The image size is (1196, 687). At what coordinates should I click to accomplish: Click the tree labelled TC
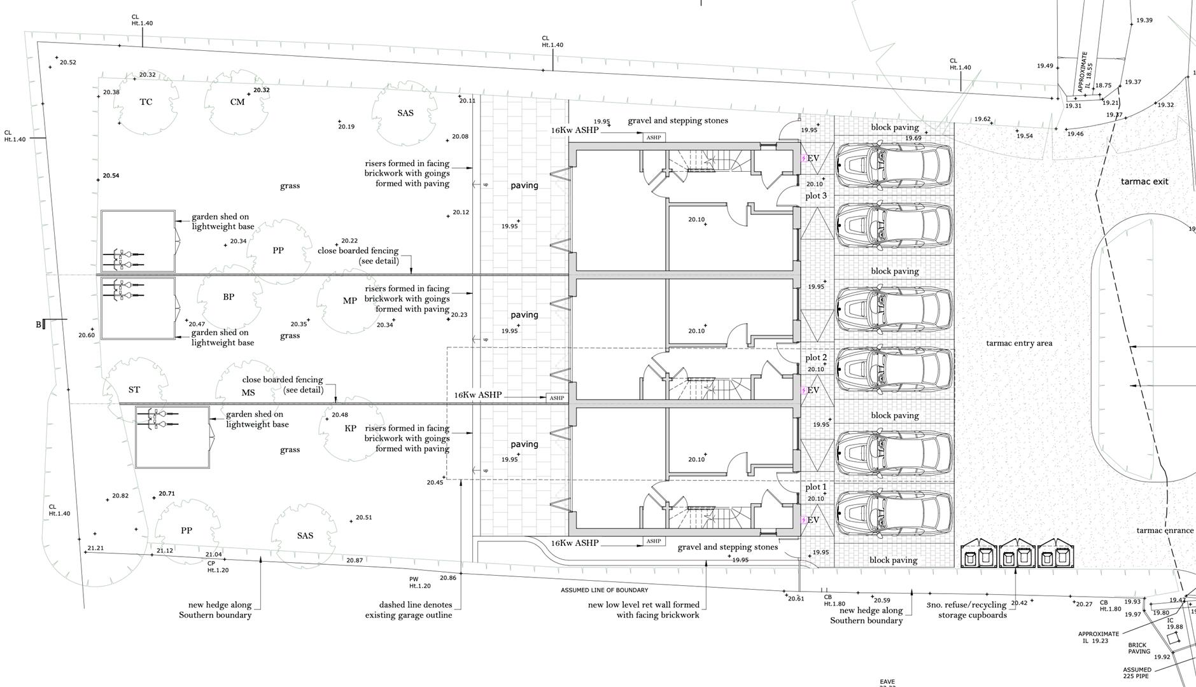point(146,102)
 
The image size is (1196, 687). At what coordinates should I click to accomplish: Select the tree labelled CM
point(237,102)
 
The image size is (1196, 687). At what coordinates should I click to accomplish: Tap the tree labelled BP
point(229,297)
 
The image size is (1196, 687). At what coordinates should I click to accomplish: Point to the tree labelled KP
point(350,429)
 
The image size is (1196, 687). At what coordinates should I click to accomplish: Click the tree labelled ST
point(134,390)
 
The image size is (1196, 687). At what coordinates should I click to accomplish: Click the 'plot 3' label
point(816,196)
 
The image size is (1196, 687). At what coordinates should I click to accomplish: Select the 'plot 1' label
point(816,487)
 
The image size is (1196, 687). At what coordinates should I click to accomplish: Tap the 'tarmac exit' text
point(1144,182)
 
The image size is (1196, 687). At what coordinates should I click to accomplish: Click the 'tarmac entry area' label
point(1019,343)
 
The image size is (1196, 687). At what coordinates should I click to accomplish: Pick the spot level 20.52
point(67,62)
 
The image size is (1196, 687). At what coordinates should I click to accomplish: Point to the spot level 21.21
point(95,548)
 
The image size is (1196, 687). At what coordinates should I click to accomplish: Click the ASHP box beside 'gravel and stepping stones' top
point(653,137)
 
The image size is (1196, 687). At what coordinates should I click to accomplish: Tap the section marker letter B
point(39,325)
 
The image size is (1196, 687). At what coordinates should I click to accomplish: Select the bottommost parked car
point(894,513)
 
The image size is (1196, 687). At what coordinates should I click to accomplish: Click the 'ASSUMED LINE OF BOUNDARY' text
point(604,590)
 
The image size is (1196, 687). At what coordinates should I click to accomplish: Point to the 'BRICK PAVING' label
point(1139,648)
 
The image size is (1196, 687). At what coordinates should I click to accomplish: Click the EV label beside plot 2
point(813,390)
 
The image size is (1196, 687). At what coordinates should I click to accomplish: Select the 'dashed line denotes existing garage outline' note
point(409,610)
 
